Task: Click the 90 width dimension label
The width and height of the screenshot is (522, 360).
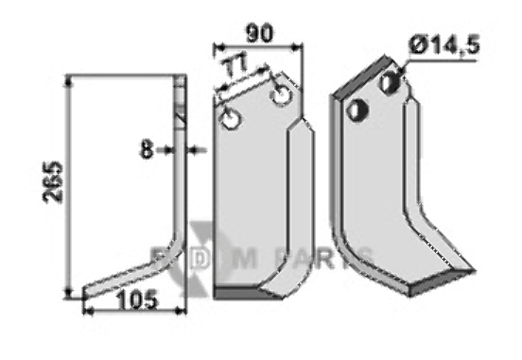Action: pos(259,33)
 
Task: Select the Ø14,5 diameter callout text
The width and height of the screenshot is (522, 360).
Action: pos(444,45)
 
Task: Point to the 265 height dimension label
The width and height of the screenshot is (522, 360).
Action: pos(53,181)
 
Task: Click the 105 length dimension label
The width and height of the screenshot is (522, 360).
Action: pos(137,300)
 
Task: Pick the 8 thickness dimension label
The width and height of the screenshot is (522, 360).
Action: pos(147,149)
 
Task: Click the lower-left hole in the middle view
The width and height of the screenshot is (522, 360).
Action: pos(231,119)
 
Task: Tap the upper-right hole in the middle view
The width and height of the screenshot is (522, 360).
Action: pos(282,95)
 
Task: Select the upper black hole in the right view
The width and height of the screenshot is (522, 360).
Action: pos(391,81)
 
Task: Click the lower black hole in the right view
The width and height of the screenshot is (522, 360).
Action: pos(357,110)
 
